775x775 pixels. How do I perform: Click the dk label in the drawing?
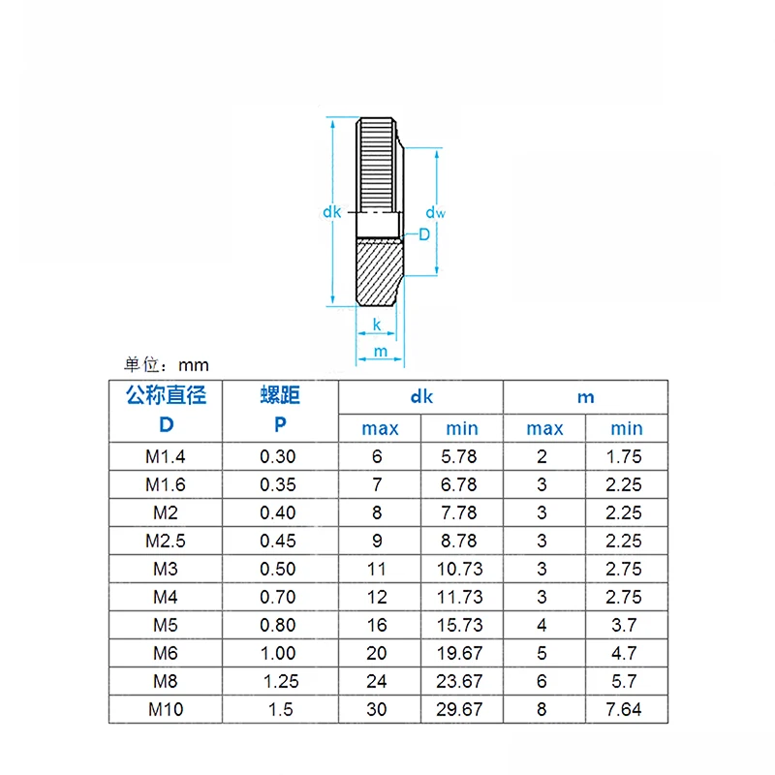[x=331, y=212]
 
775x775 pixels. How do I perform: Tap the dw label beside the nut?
[x=435, y=212]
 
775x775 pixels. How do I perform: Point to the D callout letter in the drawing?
[x=424, y=234]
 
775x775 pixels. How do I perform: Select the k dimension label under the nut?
[x=377, y=325]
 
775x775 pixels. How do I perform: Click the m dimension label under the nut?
[x=381, y=352]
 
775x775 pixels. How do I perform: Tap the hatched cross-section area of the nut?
[x=379, y=271]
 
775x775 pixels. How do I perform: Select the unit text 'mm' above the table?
[x=194, y=366]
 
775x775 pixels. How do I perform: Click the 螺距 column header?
[x=280, y=395]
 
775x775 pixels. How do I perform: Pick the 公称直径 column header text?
[x=166, y=395]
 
